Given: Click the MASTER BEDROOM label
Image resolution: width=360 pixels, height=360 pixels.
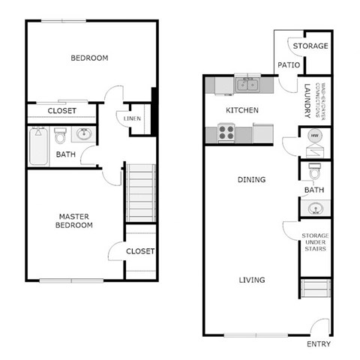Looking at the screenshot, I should coord(76,220).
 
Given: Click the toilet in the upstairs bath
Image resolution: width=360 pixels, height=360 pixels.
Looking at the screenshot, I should coord(61,136).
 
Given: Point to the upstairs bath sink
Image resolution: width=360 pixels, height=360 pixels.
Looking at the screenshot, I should coord(83,136).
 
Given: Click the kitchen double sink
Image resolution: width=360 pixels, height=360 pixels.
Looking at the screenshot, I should coord(245,85).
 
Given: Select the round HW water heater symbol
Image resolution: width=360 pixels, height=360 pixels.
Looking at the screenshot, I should coord(315,136).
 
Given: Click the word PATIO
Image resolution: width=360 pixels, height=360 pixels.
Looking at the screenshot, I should coord(289,65).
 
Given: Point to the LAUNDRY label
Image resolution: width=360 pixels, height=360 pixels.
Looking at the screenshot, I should coord(307,100).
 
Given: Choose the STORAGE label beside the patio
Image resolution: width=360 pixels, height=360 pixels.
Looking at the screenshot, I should coord(310,46).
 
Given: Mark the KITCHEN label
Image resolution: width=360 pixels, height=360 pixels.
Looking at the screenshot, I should coord(242,110).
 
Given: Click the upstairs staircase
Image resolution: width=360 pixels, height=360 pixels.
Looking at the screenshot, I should coord(139,193).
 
